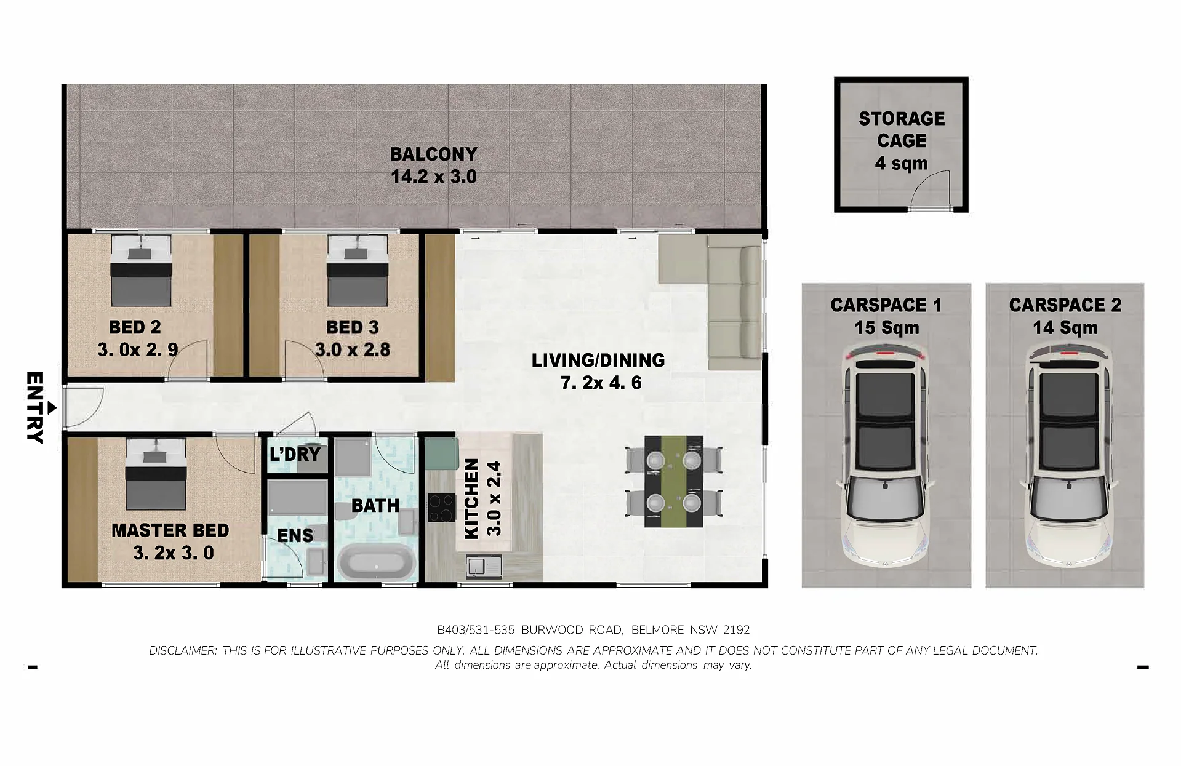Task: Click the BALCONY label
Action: (434, 154)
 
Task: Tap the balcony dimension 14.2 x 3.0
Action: (434, 177)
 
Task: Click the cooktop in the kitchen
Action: (441, 508)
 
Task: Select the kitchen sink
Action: (484, 566)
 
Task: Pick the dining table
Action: (673, 481)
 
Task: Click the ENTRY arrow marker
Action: (52, 407)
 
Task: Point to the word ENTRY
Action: (34, 407)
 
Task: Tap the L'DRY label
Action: (295, 454)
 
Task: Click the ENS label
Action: (295, 535)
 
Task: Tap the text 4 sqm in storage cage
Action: (902, 163)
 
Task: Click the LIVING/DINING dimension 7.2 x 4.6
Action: (601, 383)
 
